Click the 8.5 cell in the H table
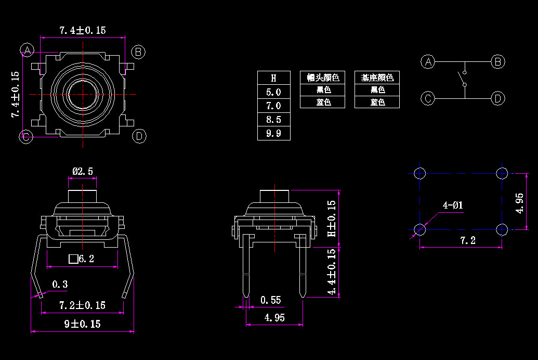pos(273,120)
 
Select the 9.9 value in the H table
pos(273,134)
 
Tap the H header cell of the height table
pos(273,78)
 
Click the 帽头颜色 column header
pos(323,78)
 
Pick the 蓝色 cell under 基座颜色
pos(377,102)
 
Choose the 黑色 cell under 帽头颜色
pos(323,90)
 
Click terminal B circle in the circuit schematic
pos(498,62)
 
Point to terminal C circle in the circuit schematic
pos(427,98)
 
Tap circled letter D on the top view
pos(139,136)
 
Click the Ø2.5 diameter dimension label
pos(83,171)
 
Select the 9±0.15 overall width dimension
pos(82,324)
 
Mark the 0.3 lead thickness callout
pos(60,284)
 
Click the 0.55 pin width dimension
pos(270,300)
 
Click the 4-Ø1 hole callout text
pos(452,205)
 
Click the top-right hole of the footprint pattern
pos(502,173)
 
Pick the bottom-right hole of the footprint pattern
pos(502,229)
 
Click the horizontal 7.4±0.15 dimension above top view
pos(82,30)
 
